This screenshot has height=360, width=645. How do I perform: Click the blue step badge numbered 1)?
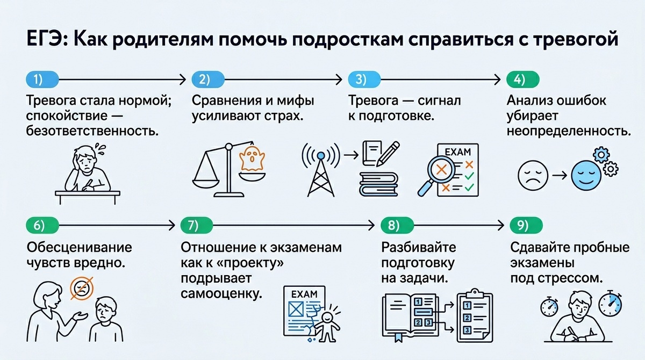(x=39, y=80)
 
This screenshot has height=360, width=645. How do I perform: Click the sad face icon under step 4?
(x=532, y=175)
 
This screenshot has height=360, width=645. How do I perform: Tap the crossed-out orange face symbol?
(x=81, y=289)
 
